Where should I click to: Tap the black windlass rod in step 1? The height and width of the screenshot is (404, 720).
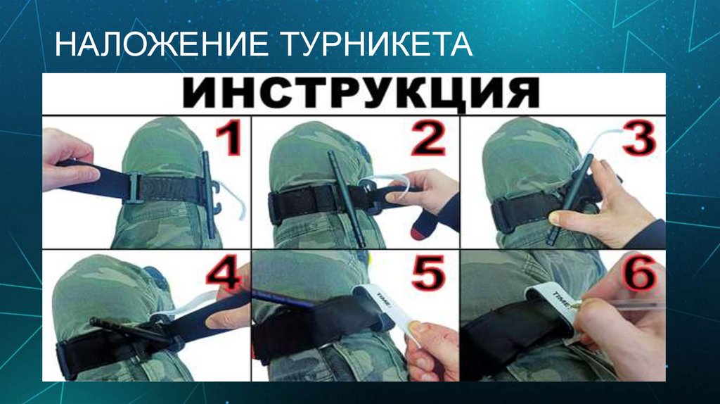tap(209, 190)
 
